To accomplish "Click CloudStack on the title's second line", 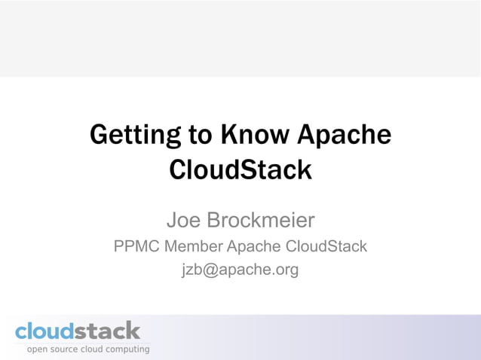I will (240, 169).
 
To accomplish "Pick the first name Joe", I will (183, 221).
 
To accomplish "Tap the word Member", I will (194, 246).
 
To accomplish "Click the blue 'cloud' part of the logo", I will (44, 331).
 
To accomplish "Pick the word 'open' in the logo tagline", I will (38, 350).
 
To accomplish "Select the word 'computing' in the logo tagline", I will (125, 350).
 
